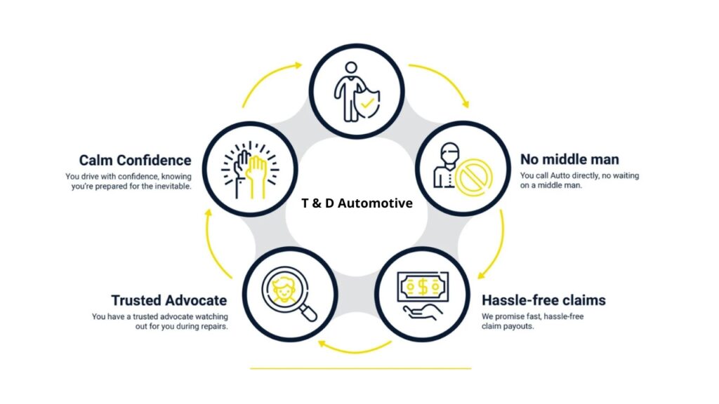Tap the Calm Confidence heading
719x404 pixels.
pos(135,161)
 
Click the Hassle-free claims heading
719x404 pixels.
pos(543,300)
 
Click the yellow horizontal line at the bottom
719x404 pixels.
pos(360,368)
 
